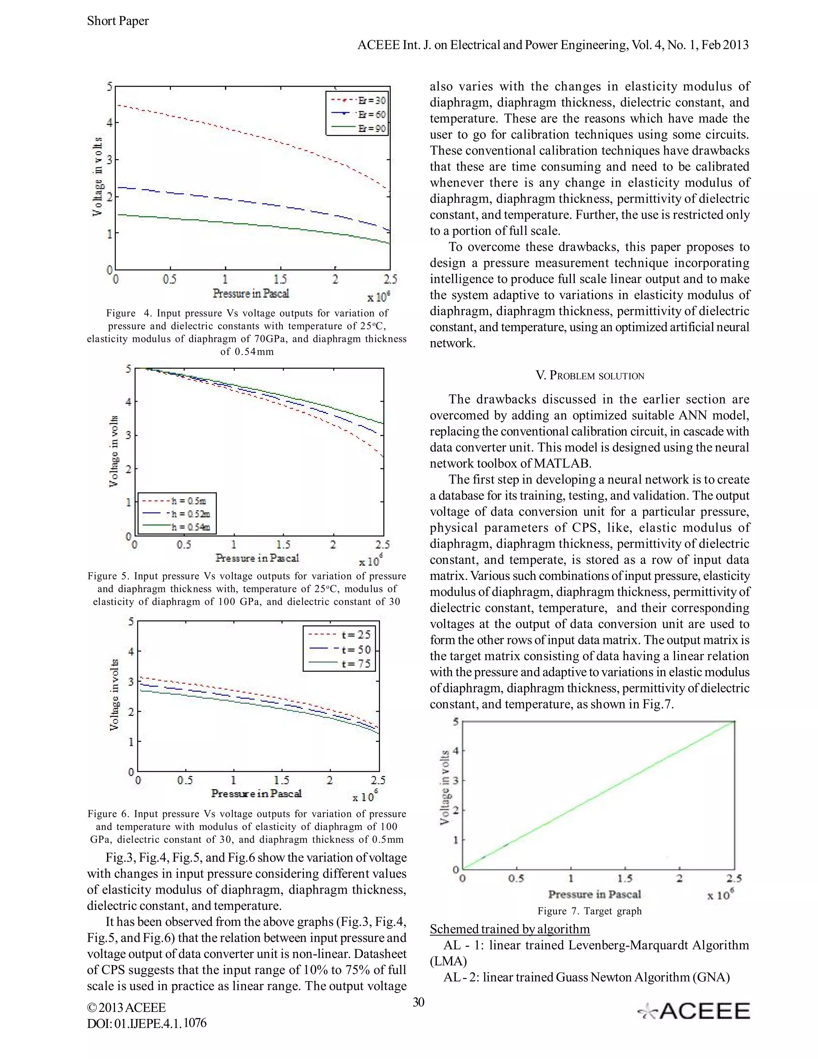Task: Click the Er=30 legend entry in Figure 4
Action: point(358,100)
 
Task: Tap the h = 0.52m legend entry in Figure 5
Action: point(177,514)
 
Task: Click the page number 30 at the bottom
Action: point(418,1002)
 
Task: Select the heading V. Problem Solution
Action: point(590,376)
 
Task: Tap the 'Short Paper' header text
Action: point(118,21)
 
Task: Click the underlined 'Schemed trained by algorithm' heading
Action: point(510,929)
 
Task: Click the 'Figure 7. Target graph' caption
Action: point(589,911)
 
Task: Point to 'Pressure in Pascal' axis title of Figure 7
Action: point(594,894)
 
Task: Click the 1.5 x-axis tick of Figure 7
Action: point(625,878)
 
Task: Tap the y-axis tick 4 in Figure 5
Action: point(129,402)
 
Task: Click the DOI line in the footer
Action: point(147,1023)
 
